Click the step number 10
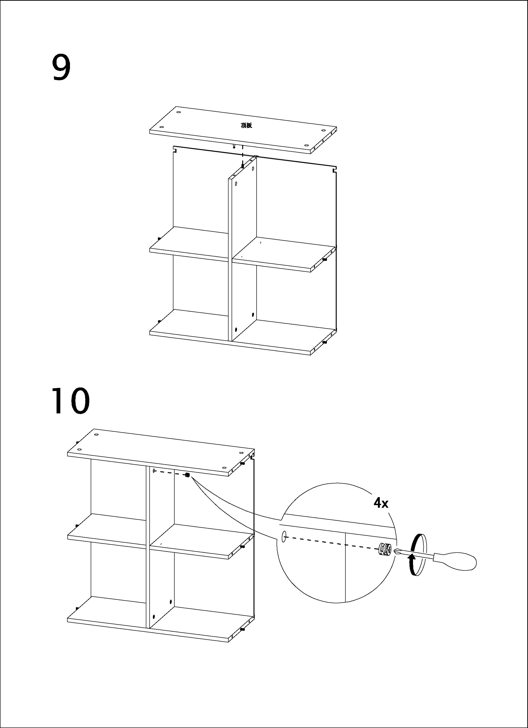71,401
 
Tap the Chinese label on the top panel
246,125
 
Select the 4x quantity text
381,503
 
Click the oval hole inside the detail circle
284,537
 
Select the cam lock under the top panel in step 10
187,475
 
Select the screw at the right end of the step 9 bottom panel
325,342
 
